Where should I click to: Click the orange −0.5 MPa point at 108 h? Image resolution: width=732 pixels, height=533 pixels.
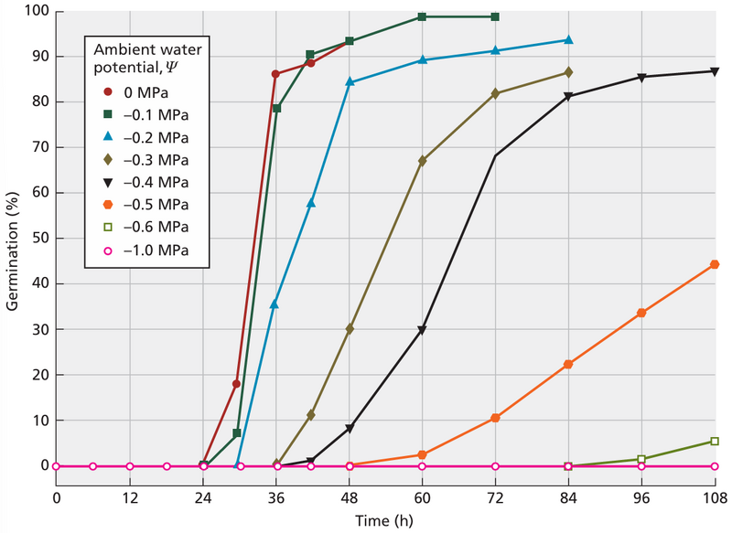point(715,264)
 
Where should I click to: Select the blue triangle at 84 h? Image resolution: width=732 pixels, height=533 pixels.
point(568,39)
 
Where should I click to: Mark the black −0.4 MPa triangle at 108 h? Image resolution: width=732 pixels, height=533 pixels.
point(715,71)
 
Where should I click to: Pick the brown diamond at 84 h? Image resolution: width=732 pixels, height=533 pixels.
point(568,71)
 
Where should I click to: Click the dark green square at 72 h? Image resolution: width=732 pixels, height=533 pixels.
point(495,16)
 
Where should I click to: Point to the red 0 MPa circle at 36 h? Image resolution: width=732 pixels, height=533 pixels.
point(275,73)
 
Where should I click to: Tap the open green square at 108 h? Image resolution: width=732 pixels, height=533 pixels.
point(715,442)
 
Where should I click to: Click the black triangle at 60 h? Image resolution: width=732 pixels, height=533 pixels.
point(422,330)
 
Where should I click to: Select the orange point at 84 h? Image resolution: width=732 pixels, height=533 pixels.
point(568,364)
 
